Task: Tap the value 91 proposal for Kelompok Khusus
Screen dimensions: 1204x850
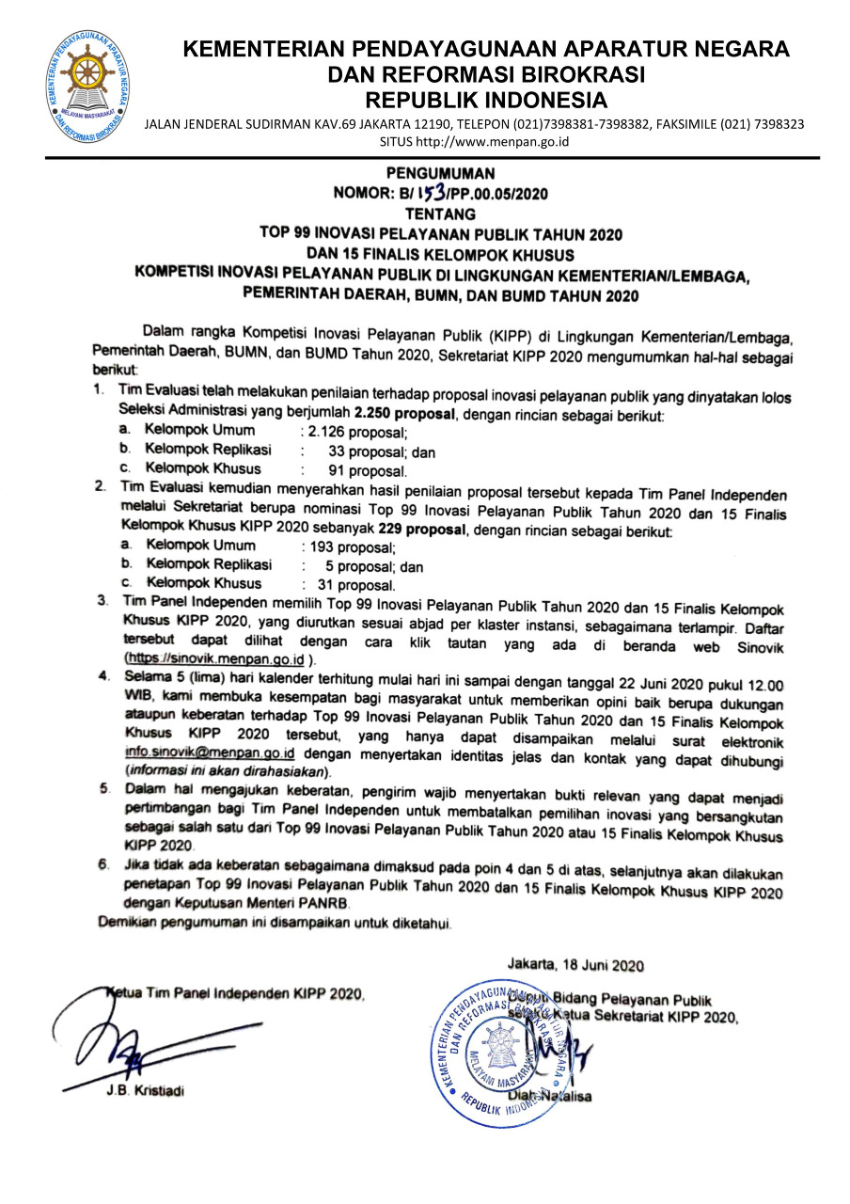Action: coord(368,470)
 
